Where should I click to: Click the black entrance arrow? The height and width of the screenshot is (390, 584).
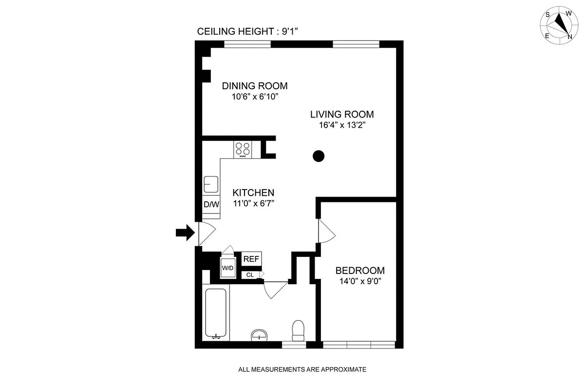[x=184, y=233]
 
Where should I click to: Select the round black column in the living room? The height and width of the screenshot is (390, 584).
[x=318, y=156]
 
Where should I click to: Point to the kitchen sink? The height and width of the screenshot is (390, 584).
[x=211, y=185]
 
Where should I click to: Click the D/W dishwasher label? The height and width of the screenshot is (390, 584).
[x=211, y=205]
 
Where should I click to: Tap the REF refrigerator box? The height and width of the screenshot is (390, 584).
[x=251, y=259]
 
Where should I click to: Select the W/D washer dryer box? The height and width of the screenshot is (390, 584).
[x=227, y=268]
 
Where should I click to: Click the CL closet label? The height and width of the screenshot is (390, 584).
[x=250, y=275]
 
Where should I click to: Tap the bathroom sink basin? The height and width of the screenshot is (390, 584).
[x=259, y=335]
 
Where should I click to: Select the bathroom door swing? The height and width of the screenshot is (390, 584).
[x=275, y=290]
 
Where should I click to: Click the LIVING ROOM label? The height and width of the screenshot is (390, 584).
[x=342, y=115]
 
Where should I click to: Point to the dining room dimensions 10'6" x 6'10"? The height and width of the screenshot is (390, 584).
[x=255, y=97]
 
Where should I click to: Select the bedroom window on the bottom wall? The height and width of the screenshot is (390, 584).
[x=358, y=345]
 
